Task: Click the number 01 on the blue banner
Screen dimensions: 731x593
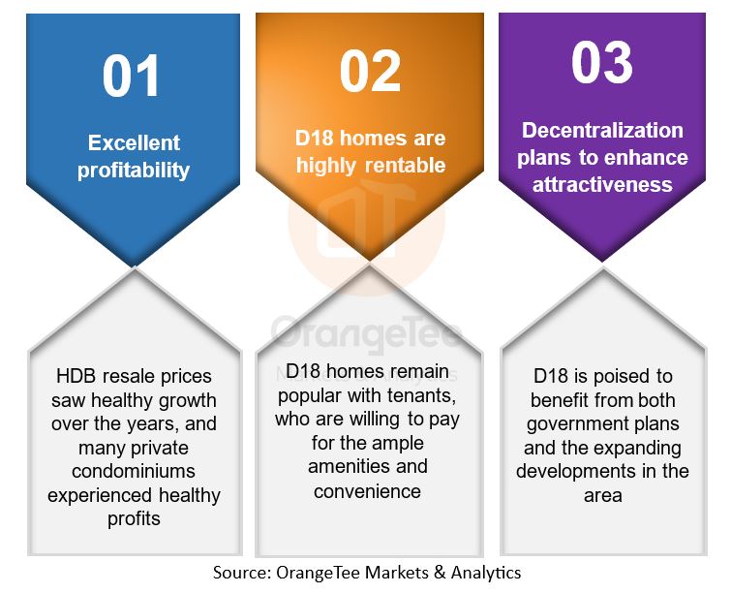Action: (131, 76)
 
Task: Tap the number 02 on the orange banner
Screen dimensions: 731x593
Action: (370, 71)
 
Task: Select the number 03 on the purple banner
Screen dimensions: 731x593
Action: (602, 63)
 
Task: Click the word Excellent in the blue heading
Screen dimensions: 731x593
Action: (134, 142)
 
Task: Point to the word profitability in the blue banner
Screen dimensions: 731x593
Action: (134, 171)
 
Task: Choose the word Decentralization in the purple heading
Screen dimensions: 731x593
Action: (602, 130)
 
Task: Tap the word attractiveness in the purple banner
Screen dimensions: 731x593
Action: (602, 184)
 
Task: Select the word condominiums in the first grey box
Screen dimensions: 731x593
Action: (134, 471)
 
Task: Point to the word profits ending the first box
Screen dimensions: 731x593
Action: (134, 518)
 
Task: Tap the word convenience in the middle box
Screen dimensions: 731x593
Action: (367, 491)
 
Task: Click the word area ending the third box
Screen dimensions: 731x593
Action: (603, 495)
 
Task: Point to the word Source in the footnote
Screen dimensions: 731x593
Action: (242, 572)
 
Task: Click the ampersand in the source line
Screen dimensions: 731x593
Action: (440, 572)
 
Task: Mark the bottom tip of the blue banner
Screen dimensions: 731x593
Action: (135, 266)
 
